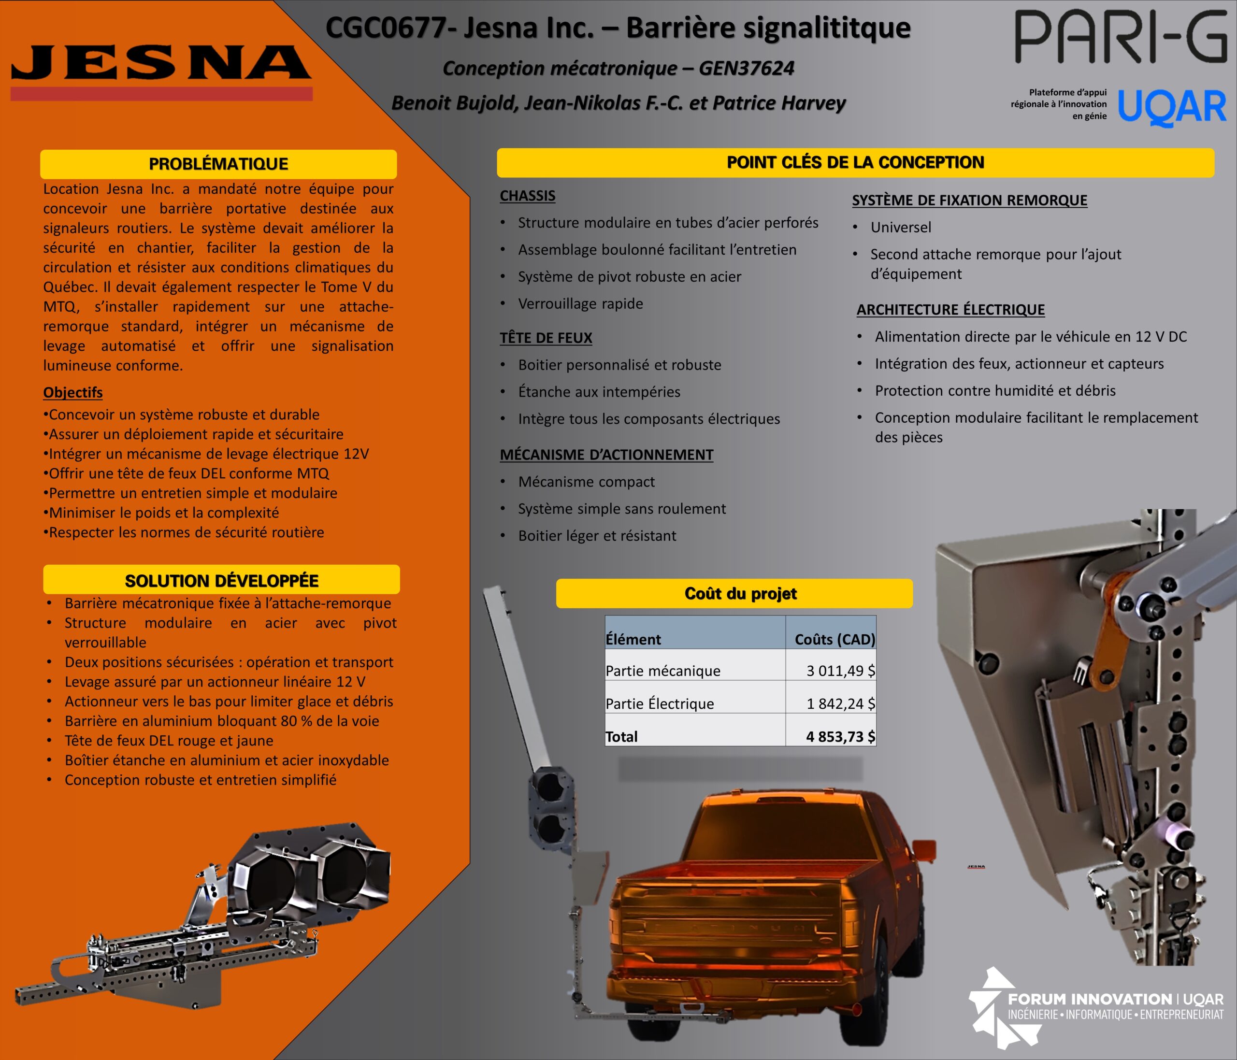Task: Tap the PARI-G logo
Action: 1121,37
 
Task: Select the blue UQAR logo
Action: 1171,107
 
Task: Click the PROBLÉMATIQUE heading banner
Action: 218,164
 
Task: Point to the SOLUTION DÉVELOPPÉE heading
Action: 221,580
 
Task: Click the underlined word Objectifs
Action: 73,393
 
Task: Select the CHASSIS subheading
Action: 528,196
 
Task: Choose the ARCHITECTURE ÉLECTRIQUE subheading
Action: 950,310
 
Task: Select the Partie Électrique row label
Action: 660,703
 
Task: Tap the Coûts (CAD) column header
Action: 834,639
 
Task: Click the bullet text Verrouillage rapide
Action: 580,304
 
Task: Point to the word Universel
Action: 901,228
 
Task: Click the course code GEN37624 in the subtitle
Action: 746,69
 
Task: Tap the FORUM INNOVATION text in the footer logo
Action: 1090,999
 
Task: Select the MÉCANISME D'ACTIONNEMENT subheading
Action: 606,455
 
